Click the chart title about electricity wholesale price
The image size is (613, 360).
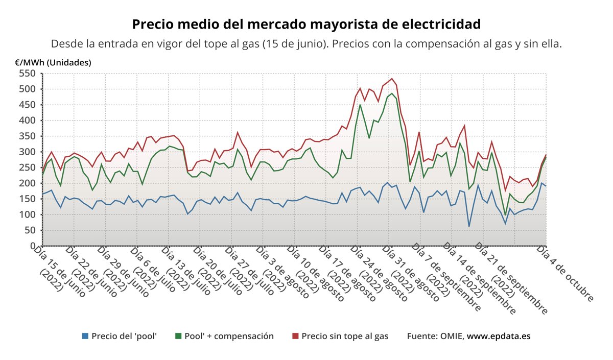pyautogui.click(x=306, y=24)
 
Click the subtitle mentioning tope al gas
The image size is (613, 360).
pyautogui.click(x=306, y=44)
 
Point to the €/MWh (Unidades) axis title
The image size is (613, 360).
pyautogui.click(x=53, y=63)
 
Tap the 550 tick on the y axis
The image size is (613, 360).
pyautogui.click(x=28, y=74)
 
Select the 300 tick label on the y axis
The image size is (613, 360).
pyautogui.click(x=28, y=152)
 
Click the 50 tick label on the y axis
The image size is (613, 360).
pyautogui.click(x=30, y=230)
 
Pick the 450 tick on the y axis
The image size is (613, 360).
pyautogui.click(x=28, y=105)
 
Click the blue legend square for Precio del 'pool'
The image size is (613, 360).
pyautogui.click(x=85, y=336)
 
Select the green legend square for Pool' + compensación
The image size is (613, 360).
pyautogui.click(x=178, y=336)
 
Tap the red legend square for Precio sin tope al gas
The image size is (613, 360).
pyautogui.click(x=295, y=336)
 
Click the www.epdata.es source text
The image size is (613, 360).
pyautogui.click(x=499, y=336)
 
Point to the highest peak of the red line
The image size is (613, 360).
pyautogui.click(x=392, y=79)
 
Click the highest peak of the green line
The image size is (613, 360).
pyautogui.click(x=392, y=93)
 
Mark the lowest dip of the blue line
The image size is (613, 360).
pyautogui.click(x=469, y=226)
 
